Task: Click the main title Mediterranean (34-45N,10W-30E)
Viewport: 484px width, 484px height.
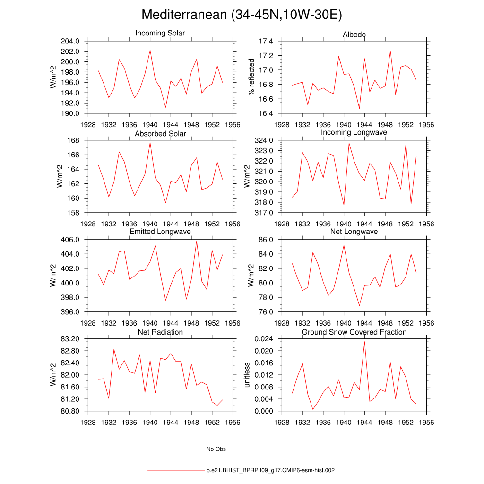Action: pyautogui.click(x=242, y=15)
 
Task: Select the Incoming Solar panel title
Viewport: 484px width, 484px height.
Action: pyautogui.click(x=160, y=33)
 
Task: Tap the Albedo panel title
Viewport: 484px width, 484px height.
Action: pyautogui.click(x=354, y=35)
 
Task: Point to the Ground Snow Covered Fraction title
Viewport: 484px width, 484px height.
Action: pyautogui.click(x=354, y=332)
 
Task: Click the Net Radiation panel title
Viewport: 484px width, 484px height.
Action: pyautogui.click(x=160, y=332)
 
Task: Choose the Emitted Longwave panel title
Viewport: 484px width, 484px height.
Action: pyautogui.click(x=160, y=232)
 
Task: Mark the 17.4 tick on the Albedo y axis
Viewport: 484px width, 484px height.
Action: pyautogui.click(x=267, y=41)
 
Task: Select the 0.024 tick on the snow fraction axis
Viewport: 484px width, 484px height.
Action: pyautogui.click(x=265, y=339)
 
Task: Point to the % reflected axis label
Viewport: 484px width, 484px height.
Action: pyautogui.click(x=251, y=78)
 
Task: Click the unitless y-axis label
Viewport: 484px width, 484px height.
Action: pyautogui.click(x=246, y=375)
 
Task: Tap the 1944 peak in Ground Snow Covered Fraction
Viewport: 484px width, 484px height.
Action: pyautogui.click(x=364, y=341)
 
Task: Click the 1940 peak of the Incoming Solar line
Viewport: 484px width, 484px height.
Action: pyautogui.click(x=150, y=50)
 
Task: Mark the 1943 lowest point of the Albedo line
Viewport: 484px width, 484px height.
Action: pyautogui.click(x=359, y=109)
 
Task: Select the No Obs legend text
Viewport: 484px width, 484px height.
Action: pyautogui.click(x=216, y=449)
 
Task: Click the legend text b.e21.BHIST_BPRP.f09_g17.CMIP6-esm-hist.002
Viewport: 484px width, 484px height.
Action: pyautogui.click(x=270, y=471)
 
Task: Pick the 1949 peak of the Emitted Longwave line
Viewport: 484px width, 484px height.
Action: pyautogui.click(x=197, y=241)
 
